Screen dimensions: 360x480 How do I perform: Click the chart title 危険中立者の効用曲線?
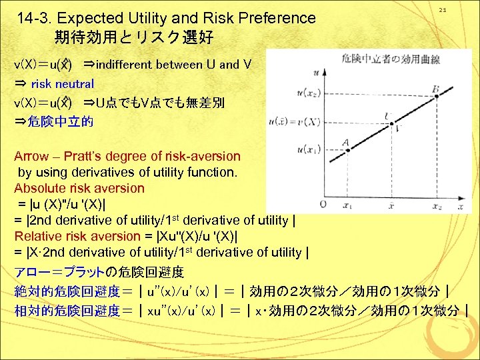pos(381,59)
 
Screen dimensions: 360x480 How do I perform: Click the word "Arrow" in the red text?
pos(31,157)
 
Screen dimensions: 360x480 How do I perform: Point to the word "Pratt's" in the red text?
pos(85,157)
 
